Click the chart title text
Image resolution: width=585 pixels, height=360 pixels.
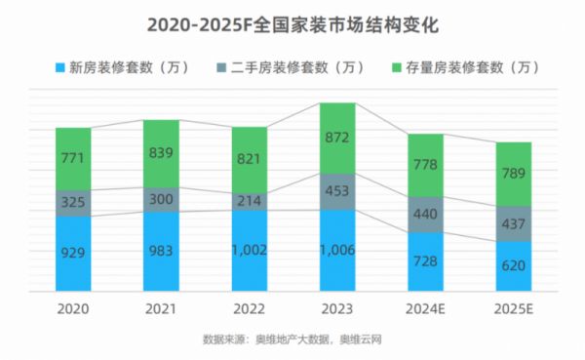pyautogui.click(x=292, y=20)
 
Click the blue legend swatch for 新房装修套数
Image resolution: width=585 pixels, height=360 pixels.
pyautogui.click(x=60, y=67)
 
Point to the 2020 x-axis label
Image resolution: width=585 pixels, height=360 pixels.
pyautogui.click(x=72, y=307)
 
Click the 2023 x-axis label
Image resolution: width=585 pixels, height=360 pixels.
pyautogui.click(x=337, y=307)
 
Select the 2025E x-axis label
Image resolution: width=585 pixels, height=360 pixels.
pyautogui.click(x=514, y=307)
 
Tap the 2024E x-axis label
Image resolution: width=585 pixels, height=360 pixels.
pyautogui.click(x=425, y=307)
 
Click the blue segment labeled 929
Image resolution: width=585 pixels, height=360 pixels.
pyautogui.click(x=72, y=254)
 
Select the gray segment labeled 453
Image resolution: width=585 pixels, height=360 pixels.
pyautogui.click(x=337, y=191)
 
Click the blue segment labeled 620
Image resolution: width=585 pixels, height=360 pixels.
pyautogui.click(x=514, y=265)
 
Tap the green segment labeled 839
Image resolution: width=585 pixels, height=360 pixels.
pyautogui.click(x=161, y=153)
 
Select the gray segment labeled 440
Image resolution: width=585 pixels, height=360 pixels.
pyautogui.click(x=425, y=215)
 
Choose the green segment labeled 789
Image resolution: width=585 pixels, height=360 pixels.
pyautogui.click(x=514, y=174)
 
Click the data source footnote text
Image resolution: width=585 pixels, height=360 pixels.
pyautogui.click(x=292, y=340)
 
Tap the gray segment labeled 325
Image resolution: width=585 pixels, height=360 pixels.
pyautogui.click(x=72, y=203)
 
